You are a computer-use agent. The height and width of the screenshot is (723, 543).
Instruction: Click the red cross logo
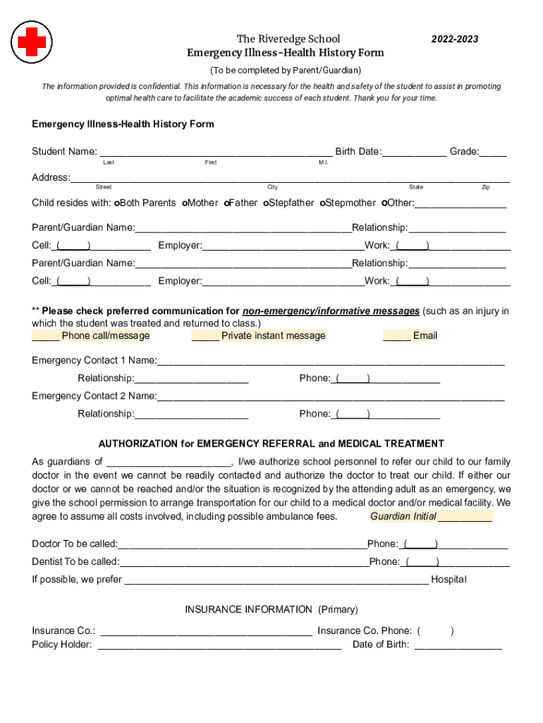coord(32,41)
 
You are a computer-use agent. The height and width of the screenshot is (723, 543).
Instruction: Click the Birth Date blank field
coord(414,152)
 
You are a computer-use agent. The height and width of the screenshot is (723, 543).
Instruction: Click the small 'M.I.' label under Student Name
coord(323,163)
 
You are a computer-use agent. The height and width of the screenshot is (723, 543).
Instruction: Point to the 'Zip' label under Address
coord(486,187)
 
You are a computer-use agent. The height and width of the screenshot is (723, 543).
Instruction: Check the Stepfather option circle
coord(266,203)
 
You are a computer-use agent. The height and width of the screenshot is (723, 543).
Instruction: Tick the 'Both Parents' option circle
coord(117,203)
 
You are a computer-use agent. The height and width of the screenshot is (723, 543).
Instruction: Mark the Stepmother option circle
coord(322,203)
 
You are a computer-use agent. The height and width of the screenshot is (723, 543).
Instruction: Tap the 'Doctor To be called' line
coord(242,544)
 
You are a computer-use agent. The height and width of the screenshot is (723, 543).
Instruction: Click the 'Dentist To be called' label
coord(75,562)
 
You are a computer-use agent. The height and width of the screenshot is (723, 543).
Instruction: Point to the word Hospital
coord(449,580)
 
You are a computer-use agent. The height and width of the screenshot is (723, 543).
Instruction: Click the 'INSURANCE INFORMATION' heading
coord(248,609)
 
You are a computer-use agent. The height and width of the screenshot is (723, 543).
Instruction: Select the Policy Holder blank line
coord(219,645)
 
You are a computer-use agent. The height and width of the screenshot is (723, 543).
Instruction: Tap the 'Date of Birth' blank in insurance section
coord(458,645)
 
